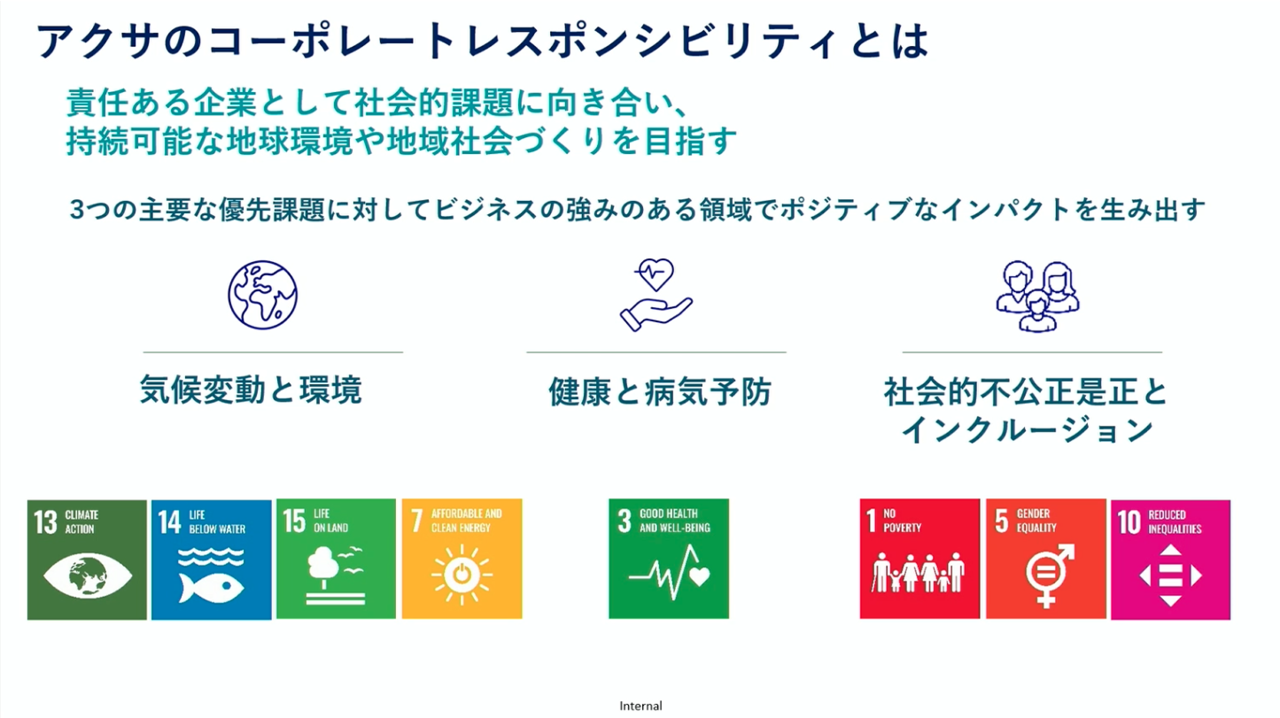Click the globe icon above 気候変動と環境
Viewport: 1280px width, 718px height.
(x=262, y=295)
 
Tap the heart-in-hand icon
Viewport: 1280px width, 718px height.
(x=656, y=295)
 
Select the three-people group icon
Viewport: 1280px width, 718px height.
(x=1037, y=296)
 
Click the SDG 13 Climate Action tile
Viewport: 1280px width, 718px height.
(x=87, y=560)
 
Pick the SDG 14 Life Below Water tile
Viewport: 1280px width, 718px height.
(x=211, y=560)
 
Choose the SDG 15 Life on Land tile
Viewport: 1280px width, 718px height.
(x=336, y=559)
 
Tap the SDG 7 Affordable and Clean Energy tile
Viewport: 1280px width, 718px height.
(x=462, y=559)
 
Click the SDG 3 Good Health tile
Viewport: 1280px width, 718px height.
(x=669, y=559)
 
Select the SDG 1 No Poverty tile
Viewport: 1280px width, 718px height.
(x=919, y=559)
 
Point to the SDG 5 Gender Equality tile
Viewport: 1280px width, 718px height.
(x=1046, y=559)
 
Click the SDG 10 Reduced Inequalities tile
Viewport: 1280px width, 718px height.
(x=1170, y=560)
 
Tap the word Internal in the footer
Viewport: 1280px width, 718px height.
(x=641, y=706)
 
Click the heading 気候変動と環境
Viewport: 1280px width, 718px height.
(x=251, y=390)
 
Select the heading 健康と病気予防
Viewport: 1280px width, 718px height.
(x=660, y=392)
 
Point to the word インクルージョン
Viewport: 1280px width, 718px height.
(x=1027, y=430)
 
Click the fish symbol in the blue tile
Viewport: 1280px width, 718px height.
(x=211, y=587)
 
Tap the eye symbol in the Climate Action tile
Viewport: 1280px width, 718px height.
(x=87, y=575)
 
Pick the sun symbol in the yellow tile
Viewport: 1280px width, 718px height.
(x=462, y=575)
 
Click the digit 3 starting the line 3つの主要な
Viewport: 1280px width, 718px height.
(x=77, y=210)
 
